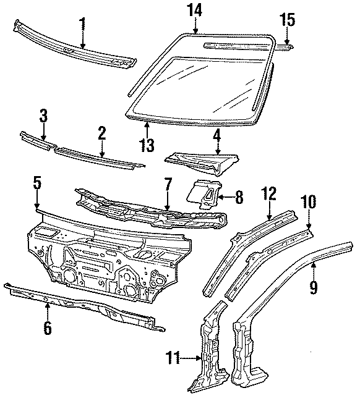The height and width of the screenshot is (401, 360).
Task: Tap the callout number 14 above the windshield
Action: [x=195, y=9]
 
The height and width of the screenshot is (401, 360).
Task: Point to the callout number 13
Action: [x=147, y=145]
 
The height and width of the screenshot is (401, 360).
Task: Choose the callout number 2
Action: [x=102, y=132]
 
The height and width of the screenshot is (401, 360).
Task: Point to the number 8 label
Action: [x=239, y=198]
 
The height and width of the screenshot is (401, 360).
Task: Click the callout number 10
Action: [x=307, y=202]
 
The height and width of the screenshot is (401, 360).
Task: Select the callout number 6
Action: [x=47, y=327]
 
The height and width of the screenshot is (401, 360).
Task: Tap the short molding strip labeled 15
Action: [x=287, y=45]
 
